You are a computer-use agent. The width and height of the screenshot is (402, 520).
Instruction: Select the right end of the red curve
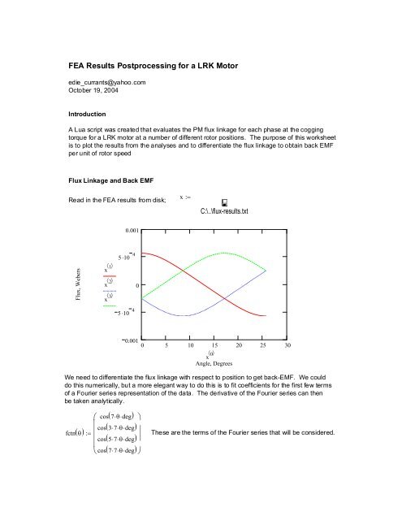pos(265,315)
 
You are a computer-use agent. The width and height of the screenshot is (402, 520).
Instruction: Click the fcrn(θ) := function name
pos(58,433)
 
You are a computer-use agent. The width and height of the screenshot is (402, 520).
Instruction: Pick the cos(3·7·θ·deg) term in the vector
pos(125,427)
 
